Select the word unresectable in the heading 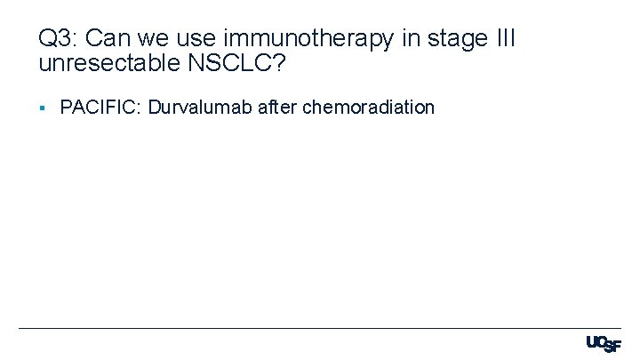100,64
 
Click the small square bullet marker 42,108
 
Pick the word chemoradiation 369,108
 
